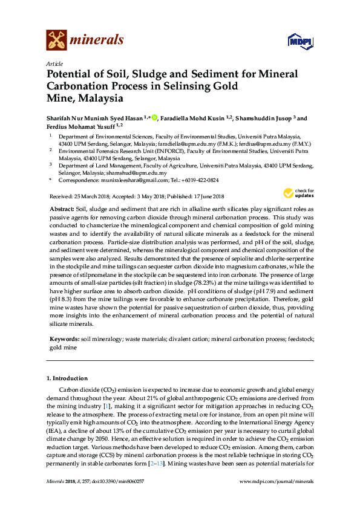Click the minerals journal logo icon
click(56, 40)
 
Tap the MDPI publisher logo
click(300, 41)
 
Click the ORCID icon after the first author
click(155, 118)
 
